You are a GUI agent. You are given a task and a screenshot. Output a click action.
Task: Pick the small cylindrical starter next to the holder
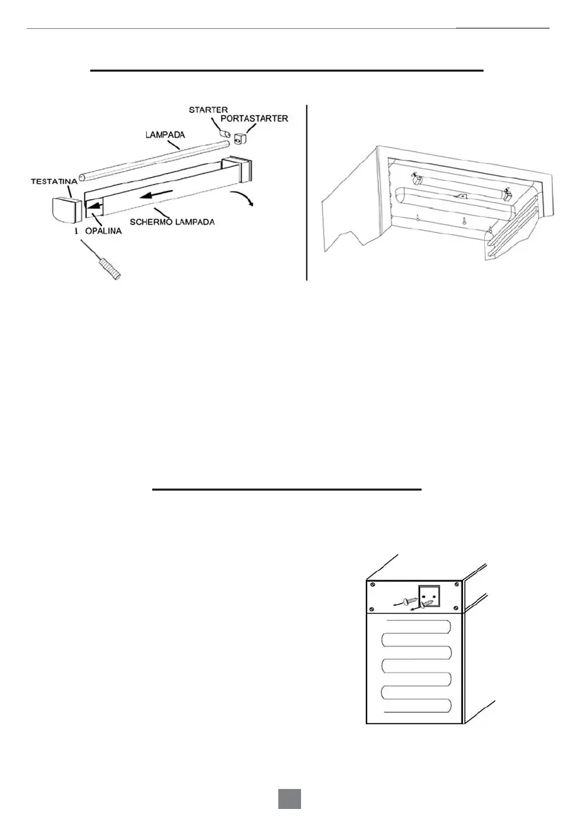click(x=224, y=129)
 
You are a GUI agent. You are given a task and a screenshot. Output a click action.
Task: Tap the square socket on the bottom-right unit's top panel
click(x=432, y=596)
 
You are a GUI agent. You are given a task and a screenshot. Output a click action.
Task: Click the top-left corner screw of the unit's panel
click(x=373, y=587)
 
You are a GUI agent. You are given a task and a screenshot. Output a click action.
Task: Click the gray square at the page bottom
click(x=290, y=799)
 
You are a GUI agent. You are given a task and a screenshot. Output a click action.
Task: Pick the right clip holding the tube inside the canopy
click(x=507, y=196)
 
